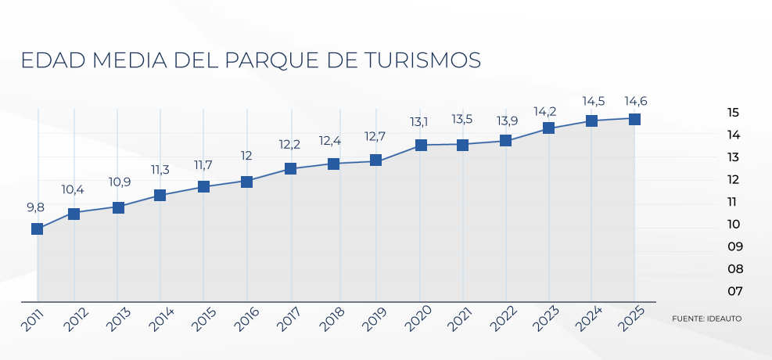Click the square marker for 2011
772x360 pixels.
(37, 229)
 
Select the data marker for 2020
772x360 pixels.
(421, 145)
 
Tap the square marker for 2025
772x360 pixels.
(634, 119)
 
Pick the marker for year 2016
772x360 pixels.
(246, 182)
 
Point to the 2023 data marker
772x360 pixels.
(548, 128)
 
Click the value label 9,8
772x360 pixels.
(35, 208)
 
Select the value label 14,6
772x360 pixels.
(635, 102)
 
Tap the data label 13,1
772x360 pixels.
(419, 121)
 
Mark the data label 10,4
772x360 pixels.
(73, 189)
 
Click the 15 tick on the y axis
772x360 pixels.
(733, 112)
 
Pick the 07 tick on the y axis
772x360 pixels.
(735, 291)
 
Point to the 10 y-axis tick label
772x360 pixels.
(734, 224)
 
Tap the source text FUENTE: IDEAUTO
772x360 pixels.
(706, 319)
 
